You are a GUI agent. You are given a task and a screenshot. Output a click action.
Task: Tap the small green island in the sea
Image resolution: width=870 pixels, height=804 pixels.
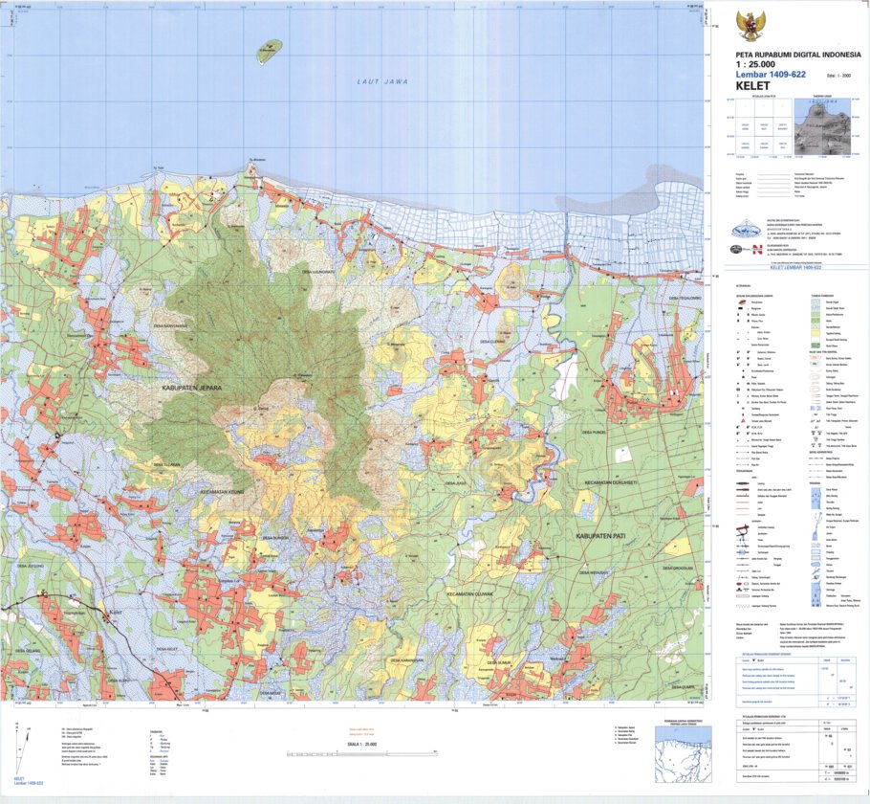(269, 51)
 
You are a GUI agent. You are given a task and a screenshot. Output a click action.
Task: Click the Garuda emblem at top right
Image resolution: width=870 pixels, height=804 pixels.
(750, 26)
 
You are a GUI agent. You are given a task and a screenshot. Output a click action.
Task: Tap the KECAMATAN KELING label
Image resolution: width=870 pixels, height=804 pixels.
(226, 488)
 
